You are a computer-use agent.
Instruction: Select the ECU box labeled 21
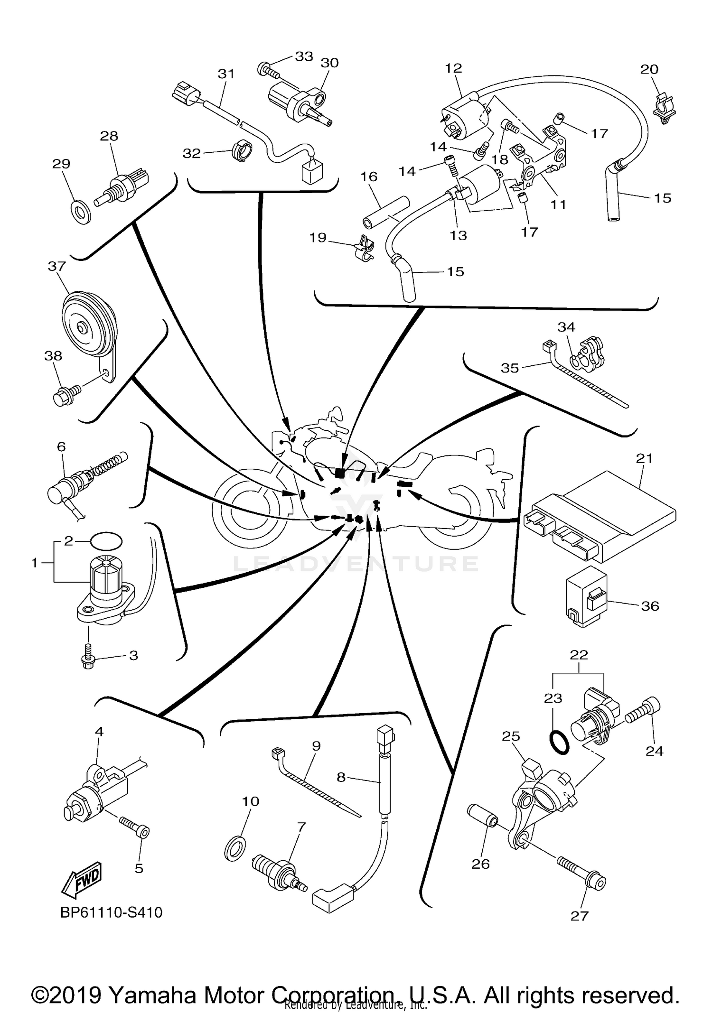click(600, 515)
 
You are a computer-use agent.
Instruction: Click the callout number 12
click(453, 68)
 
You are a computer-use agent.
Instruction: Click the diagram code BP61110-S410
click(112, 912)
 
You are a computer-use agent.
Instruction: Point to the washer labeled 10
click(234, 848)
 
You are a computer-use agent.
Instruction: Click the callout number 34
click(566, 327)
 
